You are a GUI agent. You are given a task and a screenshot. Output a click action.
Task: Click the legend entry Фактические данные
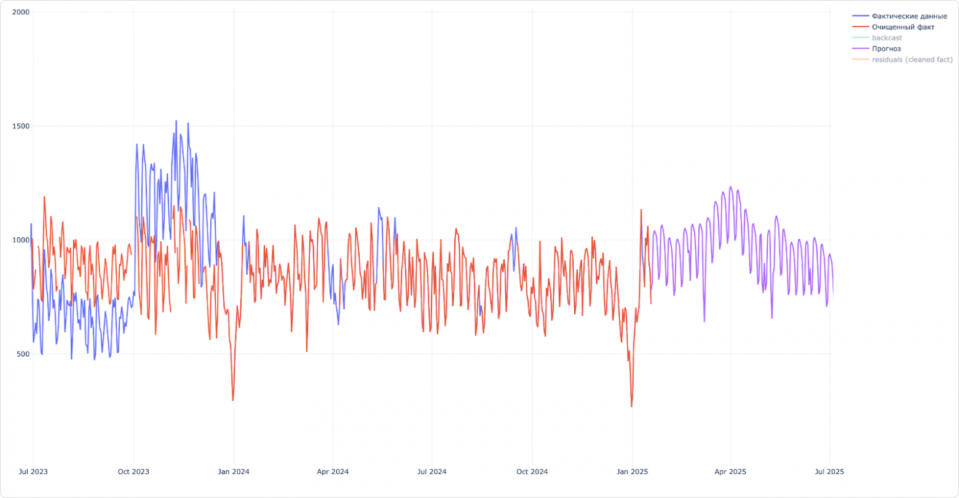coord(909,16)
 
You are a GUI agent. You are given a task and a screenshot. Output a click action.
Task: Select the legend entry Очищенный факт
coord(902,27)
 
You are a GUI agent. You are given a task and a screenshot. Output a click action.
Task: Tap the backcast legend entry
coord(887,38)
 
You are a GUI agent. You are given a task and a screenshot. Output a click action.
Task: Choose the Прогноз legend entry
coord(886,49)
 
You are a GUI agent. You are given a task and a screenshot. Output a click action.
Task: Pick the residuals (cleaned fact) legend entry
coord(912,60)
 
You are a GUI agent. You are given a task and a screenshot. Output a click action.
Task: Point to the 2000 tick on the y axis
coord(22,12)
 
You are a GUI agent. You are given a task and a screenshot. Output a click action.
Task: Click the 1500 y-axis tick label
coord(22,126)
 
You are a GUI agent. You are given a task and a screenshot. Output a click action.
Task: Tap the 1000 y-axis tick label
coord(22,240)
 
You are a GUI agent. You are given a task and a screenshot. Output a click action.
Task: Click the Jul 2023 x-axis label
coord(33,472)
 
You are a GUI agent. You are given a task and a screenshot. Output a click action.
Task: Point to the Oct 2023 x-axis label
coord(133,472)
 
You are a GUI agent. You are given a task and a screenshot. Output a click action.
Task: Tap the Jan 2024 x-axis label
coord(233,472)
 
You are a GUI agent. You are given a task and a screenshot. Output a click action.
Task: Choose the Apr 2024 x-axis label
coord(333,472)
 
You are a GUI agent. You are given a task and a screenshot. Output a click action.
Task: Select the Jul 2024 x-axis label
coord(432,472)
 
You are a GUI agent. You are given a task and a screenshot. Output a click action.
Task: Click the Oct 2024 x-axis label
coord(532,472)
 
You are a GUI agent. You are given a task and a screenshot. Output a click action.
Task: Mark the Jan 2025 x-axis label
coord(632,472)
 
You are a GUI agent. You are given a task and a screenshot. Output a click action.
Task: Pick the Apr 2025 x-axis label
coord(730,472)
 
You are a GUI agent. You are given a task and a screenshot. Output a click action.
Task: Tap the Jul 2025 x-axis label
coord(829,472)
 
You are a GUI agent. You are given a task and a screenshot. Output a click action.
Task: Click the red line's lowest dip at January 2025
coord(631,406)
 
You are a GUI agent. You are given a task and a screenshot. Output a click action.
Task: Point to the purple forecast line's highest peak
coord(730,187)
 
